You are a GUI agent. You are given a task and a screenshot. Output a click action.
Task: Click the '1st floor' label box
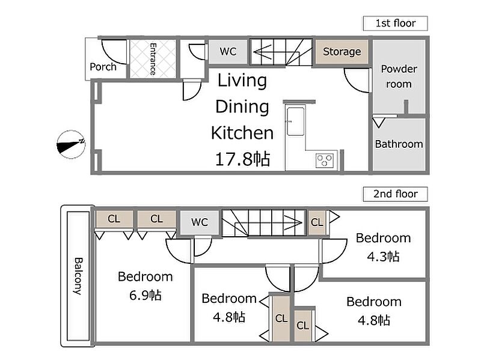(x=395, y=23)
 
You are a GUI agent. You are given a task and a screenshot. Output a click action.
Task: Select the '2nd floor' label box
(x=395, y=194)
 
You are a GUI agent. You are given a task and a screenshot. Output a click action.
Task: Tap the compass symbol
(x=71, y=144)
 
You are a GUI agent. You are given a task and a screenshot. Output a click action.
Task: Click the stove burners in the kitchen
(x=325, y=160)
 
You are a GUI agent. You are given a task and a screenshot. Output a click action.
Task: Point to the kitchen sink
(x=296, y=121)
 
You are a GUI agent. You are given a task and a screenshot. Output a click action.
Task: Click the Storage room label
(x=342, y=52)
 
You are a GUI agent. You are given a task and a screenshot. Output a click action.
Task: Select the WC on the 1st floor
(x=228, y=51)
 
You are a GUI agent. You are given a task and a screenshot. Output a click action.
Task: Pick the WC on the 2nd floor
(x=200, y=222)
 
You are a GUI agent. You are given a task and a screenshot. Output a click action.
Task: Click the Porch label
(x=103, y=67)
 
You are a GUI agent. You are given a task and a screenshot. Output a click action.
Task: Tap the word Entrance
(x=153, y=59)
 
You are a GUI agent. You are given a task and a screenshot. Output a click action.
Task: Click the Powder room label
(x=399, y=76)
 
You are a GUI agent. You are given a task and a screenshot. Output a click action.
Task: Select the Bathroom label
(x=399, y=144)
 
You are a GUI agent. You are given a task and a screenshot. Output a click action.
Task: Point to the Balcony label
(x=78, y=276)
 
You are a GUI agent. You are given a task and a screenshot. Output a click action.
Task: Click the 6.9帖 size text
(x=145, y=295)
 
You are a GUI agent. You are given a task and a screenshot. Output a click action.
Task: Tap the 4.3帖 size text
(x=383, y=257)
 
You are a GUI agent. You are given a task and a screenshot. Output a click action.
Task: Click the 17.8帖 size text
(x=242, y=159)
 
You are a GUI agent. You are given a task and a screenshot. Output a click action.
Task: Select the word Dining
(x=242, y=107)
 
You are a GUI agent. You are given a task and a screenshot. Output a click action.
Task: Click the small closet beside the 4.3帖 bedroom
(x=317, y=222)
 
